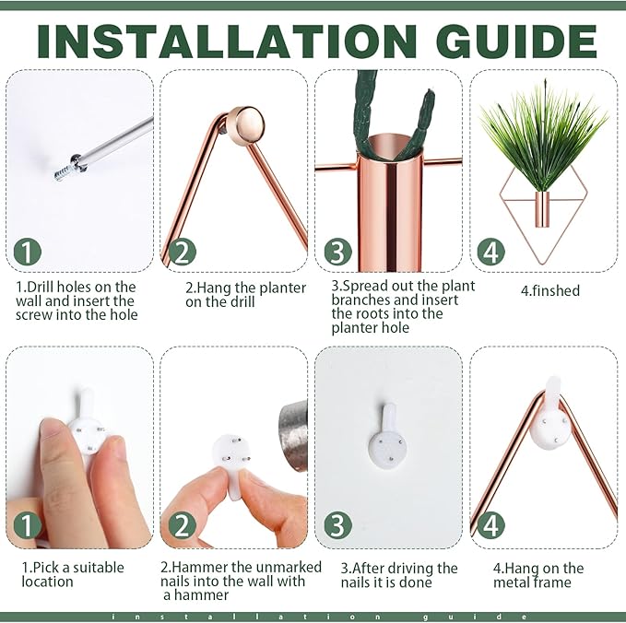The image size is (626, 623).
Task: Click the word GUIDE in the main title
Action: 515,41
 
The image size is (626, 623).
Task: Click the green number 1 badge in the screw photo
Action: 27,252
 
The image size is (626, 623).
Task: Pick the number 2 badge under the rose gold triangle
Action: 182,252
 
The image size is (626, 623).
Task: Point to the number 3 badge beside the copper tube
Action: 337,252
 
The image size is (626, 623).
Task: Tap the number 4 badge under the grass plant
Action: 491,252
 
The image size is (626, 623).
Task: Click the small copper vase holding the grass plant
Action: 542,209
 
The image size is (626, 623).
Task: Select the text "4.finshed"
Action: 550,290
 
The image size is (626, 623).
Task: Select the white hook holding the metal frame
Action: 550,415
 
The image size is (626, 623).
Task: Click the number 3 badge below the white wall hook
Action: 337,525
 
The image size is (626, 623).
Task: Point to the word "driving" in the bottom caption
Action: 412,569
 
